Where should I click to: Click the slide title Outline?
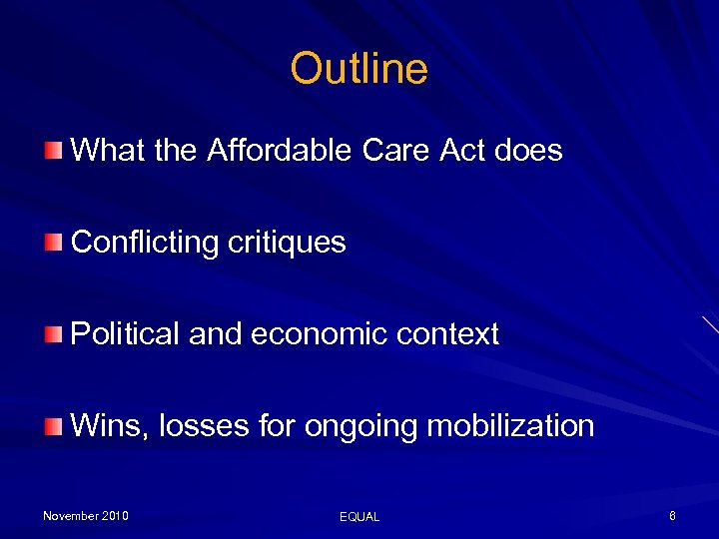pos(359,69)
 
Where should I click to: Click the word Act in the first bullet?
pos(461,151)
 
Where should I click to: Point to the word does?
pos(528,151)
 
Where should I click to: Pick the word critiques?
pos(288,243)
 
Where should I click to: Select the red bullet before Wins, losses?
pos(53,427)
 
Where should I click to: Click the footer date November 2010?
pos(85,516)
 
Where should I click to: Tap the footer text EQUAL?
pos(359,517)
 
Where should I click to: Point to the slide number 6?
pos(673,516)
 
